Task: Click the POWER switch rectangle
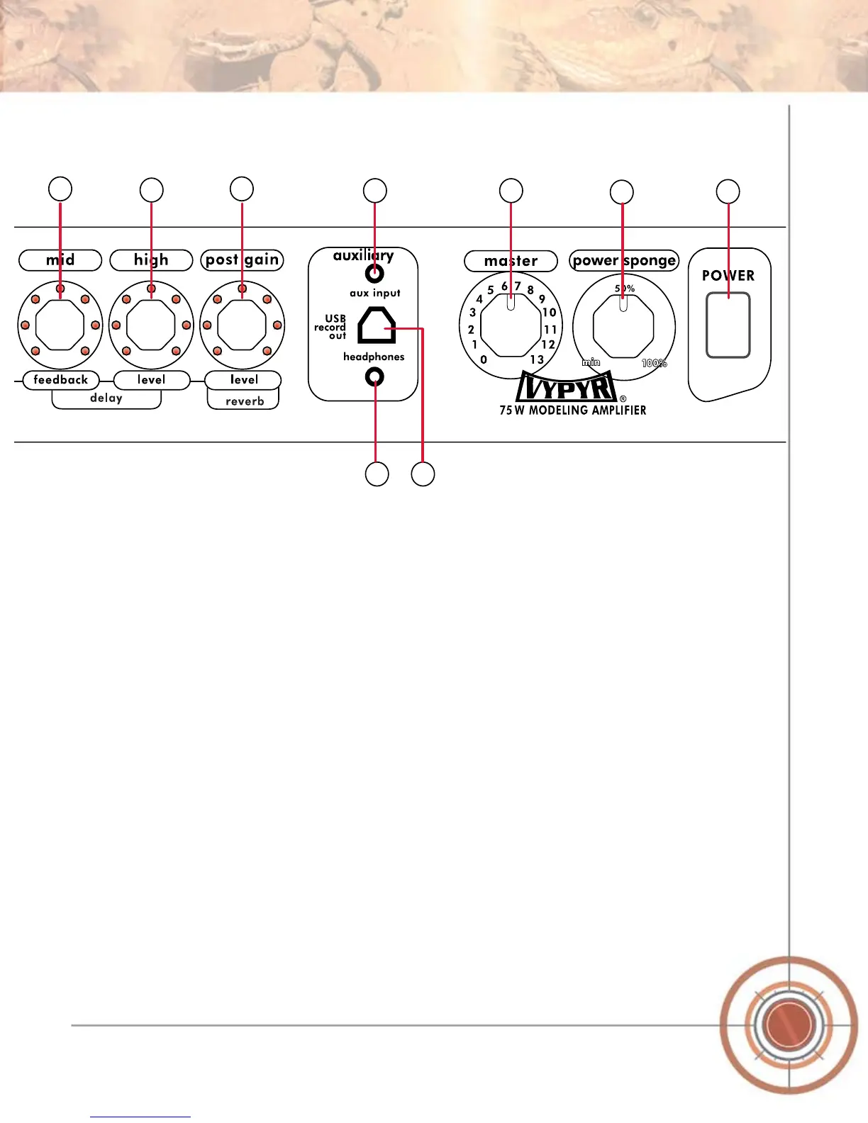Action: [728, 325]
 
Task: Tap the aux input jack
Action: [374, 273]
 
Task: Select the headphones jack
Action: [374, 377]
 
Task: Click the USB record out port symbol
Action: [376, 327]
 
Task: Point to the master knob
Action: [511, 326]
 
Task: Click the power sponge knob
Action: [623, 326]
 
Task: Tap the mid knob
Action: [60, 325]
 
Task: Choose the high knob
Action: [151, 325]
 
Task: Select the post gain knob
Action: [242, 325]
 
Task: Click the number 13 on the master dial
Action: [537, 359]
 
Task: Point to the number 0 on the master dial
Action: [484, 359]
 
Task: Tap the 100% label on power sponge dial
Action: [654, 363]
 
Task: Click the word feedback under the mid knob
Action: [61, 380]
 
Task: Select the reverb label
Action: [245, 401]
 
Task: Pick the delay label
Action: [106, 398]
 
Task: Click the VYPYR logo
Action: [567, 387]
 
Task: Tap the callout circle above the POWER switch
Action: [728, 191]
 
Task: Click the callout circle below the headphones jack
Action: [377, 474]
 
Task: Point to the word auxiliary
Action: [363, 255]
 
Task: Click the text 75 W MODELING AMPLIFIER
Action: [573, 410]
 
